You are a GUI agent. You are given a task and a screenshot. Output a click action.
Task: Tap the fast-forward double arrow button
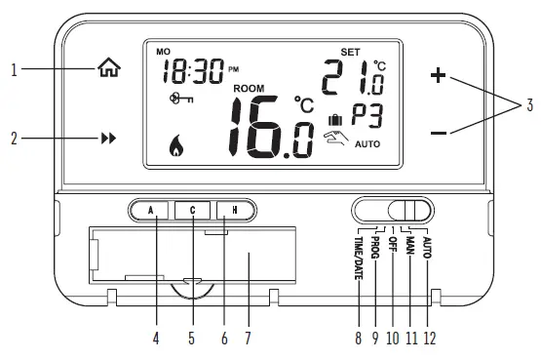tap(108, 139)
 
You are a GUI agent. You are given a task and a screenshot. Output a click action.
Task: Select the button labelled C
tap(193, 209)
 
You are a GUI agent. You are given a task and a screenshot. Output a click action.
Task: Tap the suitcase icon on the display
tap(336, 120)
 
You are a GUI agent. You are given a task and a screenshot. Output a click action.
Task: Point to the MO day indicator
tap(162, 50)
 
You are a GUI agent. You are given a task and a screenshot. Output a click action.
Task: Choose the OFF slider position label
tap(392, 245)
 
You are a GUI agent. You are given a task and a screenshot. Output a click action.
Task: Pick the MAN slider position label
tap(410, 246)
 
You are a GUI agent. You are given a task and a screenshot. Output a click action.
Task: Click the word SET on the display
tap(349, 51)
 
